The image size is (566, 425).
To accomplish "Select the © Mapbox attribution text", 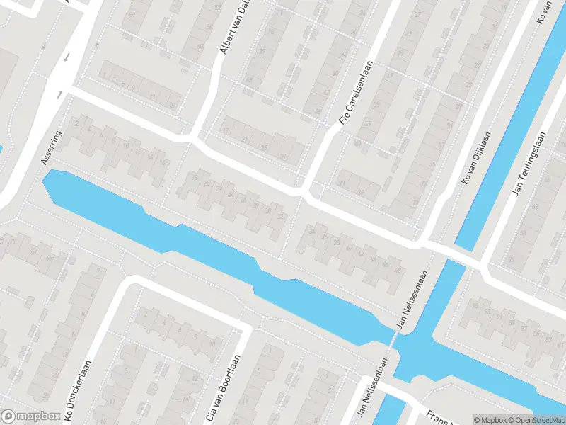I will point(488,420).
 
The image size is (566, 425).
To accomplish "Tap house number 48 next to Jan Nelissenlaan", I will point(397,271).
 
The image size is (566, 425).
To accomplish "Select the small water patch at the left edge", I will point(1,150).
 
